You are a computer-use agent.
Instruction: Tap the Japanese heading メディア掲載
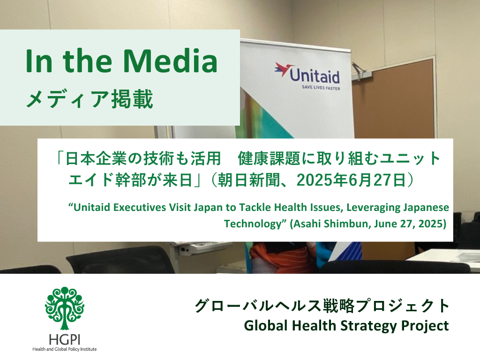click(90, 99)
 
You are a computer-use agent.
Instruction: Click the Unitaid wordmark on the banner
click(315, 75)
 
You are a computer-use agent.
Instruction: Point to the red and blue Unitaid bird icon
click(284, 69)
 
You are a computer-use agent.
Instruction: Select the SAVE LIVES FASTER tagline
click(321, 88)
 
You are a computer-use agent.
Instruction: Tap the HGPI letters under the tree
click(65, 339)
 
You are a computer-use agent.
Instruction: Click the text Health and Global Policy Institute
click(65, 349)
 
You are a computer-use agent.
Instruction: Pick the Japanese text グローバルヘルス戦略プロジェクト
click(322, 306)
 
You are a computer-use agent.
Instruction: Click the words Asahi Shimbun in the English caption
click(331, 224)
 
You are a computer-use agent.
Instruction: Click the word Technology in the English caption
click(253, 224)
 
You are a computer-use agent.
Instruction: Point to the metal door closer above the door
click(362, 70)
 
